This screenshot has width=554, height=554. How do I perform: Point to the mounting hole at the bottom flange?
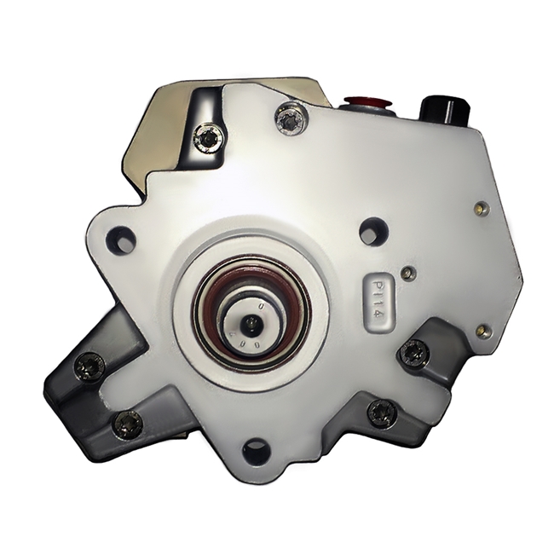(255, 449)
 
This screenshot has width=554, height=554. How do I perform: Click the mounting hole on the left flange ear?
(123, 239)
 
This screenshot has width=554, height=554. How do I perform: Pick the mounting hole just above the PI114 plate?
(372, 231)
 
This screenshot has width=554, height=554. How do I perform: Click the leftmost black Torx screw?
(86, 367)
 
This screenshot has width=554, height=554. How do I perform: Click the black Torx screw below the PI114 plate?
(414, 349)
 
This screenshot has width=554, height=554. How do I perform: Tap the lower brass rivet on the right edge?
(485, 327)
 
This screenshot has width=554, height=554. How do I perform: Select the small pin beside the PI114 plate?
(410, 273)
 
